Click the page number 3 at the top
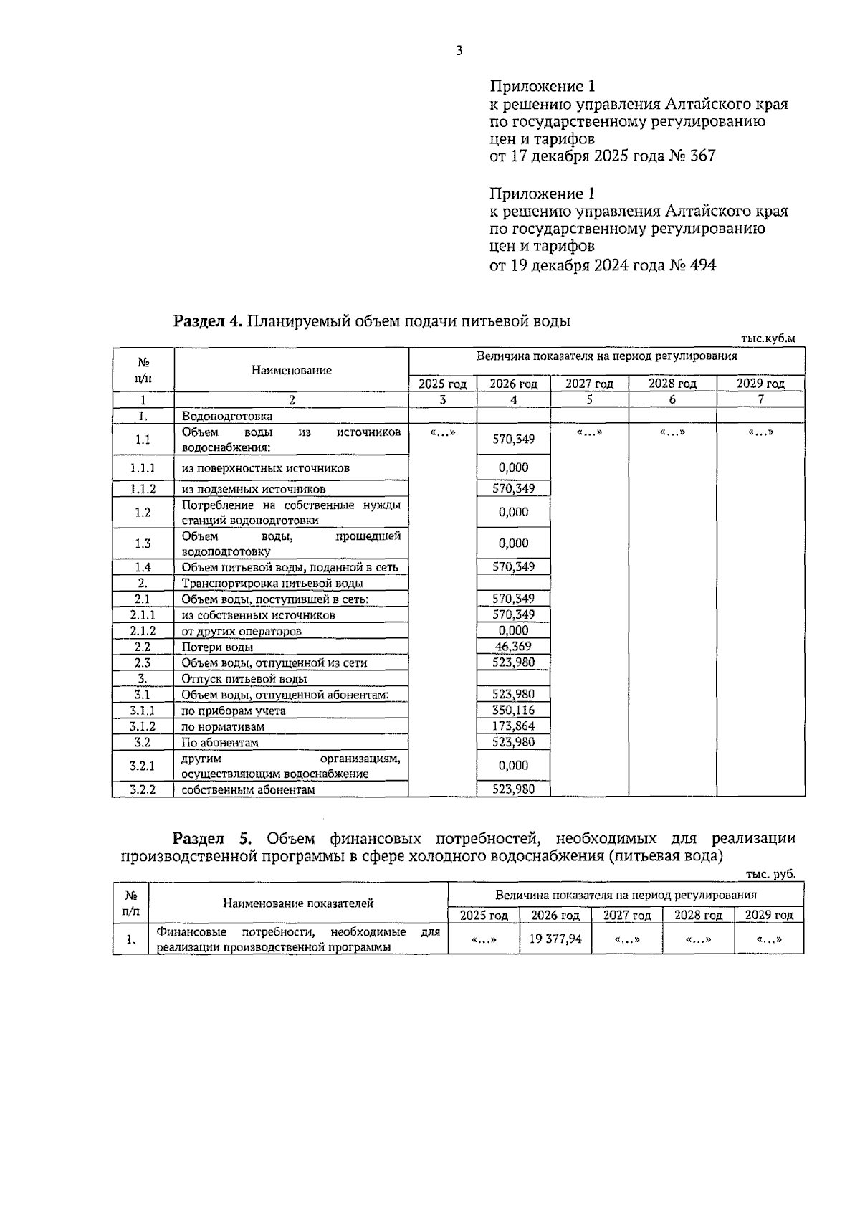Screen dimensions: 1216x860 (459, 51)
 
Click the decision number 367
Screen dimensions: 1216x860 (702, 156)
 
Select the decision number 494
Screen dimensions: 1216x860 (702, 265)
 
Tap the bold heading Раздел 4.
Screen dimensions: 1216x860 (207, 320)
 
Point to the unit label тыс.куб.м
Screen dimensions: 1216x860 (768, 338)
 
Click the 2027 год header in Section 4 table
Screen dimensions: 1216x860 (589, 384)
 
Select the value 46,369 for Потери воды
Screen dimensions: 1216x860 (513, 647)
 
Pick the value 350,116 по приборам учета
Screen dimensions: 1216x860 (513, 710)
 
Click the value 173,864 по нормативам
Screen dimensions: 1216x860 (513, 726)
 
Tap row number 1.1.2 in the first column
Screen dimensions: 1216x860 (143, 489)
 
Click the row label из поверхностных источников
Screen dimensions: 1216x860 (265, 468)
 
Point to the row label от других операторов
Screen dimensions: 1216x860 (241, 631)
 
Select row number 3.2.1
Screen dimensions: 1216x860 (143, 766)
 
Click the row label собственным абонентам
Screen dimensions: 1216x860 (248, 789)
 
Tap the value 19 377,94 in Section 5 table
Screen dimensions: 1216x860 (555, 938)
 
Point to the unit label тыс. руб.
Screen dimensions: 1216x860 (770, 874)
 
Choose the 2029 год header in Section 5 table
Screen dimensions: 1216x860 (769, 915)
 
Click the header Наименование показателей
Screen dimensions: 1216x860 (298, 903)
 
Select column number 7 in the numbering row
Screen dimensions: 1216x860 (760, 400)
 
